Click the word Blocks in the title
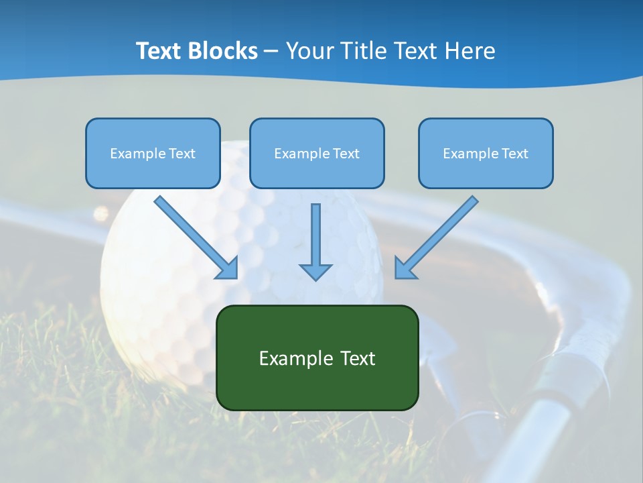(x=225, y=51)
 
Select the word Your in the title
(x=310, y=51)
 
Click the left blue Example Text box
(x=153, y=153)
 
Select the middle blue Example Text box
(x=317, y=153)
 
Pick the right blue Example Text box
(x=486, y=153)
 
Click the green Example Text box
(x=317, y=358)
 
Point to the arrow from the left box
(x=194, y=236)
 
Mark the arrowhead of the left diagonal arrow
(x=228, y=268)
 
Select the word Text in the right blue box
(x=514, y=154)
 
